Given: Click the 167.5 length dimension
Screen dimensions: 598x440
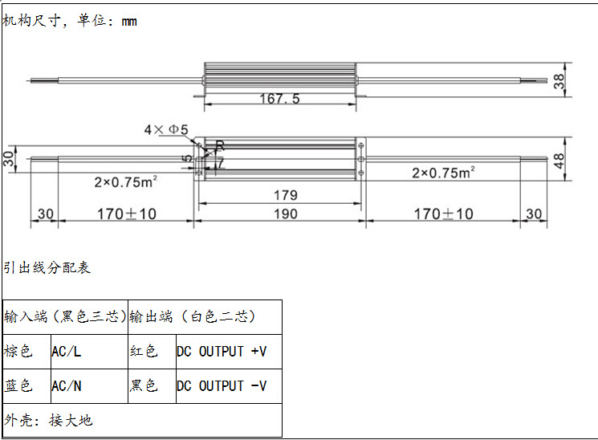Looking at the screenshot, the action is [279, 99].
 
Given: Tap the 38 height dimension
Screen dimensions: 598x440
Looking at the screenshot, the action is [559, 81].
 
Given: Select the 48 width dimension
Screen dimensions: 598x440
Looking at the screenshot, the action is [559, 161].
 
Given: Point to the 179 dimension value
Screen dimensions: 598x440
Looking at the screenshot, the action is [286, 195].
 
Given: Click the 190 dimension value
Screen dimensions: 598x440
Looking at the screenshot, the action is [286, 214].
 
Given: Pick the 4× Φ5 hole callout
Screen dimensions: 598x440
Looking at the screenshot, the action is [166, 130].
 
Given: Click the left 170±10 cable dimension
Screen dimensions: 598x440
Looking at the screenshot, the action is [127, 214].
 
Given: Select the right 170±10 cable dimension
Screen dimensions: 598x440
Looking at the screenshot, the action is [444, 214].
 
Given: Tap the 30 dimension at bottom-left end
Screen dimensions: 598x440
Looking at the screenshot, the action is [46, 214].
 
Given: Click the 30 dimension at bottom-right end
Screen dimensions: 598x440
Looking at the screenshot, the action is [534, 214].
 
